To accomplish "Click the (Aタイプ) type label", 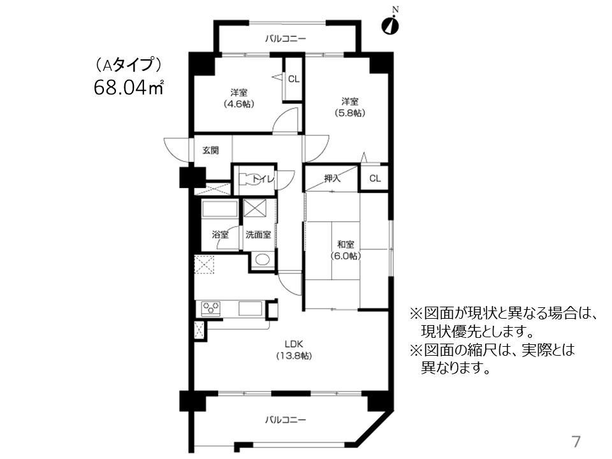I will point(127,64).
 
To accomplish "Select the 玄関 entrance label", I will point(210,151).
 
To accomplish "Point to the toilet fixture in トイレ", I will point(245,180).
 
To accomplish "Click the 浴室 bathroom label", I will point(220,235).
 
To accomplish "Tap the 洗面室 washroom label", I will point(258,235).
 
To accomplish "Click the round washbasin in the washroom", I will point(261,259).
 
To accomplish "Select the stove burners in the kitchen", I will point(211,309).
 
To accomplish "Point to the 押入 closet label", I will point(332,178).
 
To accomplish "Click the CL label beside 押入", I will point(374,178).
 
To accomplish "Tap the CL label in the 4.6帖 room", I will point(293,79).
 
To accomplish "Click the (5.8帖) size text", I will point(349,113).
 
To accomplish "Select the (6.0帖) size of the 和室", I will point(346,256).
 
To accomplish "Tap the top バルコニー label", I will point(286,39).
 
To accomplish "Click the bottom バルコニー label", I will point(286,420).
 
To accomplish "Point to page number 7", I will point(576,441).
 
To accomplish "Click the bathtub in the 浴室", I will point(219,210).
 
